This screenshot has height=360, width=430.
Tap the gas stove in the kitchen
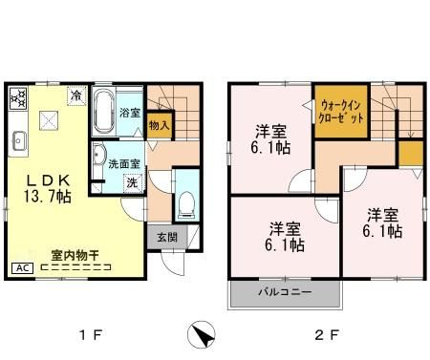click(x=19, y=96)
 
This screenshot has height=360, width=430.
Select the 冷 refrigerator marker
click(x=76, y=95)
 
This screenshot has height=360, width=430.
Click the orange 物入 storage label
click(x=160, y=122)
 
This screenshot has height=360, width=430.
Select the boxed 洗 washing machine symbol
click(x=133, y=181)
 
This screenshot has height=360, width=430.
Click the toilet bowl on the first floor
click(x=186, y=204)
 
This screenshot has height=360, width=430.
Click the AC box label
click(x=19, y=268)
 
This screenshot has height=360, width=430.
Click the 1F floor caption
click(x=90, y=335)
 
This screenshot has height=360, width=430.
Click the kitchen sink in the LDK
click(x=18, y=142)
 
